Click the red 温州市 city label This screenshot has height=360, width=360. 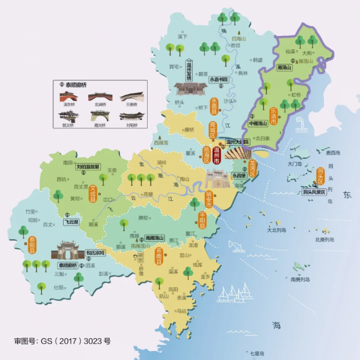coord(217,155)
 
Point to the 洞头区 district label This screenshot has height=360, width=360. coord(320,177)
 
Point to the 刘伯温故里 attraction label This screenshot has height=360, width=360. coord(89,167)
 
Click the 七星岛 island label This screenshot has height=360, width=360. coord(257,354)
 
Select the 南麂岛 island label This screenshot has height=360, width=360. coord(299,279)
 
